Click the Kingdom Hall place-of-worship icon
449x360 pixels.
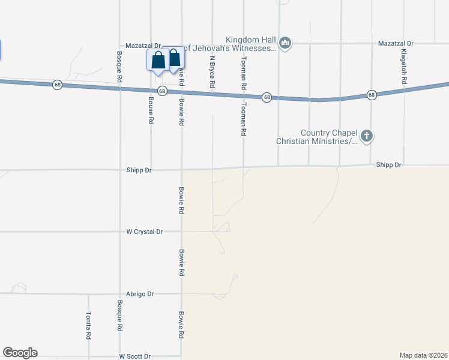tap(285, 43)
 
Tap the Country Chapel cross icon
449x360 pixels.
tap(367, 136)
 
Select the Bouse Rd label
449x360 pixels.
tap(150, 112)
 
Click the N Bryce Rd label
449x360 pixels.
tap(212, 72)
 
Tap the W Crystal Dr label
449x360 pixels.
tap(145, 231)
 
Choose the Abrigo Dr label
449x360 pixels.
tap(142, 294)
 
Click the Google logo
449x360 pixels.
tap(20, 353)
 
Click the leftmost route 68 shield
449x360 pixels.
tap(57, 85)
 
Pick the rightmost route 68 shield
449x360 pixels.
tap(372, 95)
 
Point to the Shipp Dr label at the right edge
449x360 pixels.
tap(388, 164)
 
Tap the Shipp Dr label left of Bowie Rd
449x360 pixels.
tap(139, 170)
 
